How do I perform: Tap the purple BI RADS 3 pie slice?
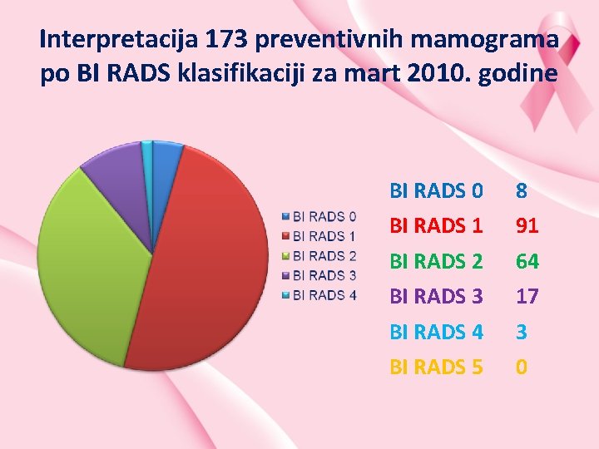[x=116, y=179]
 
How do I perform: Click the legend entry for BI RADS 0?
[x=319, y=217]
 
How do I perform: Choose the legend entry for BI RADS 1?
[x=319, y=236]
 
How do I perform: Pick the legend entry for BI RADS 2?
[x=319, y=255]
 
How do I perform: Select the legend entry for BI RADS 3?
[x=319, y=274]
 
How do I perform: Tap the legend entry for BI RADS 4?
[x=319, y=294]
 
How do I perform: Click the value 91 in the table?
[x=527, y=226]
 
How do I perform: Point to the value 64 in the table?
[x=527, y=262]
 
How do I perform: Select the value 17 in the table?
[x=527, y=296]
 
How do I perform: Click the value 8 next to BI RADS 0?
[x=521, y=191]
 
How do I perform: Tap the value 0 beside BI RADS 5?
[x=521, y=367]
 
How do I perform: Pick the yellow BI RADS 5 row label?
[x=436, y=367]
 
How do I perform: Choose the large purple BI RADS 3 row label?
[x=436, y=296]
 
